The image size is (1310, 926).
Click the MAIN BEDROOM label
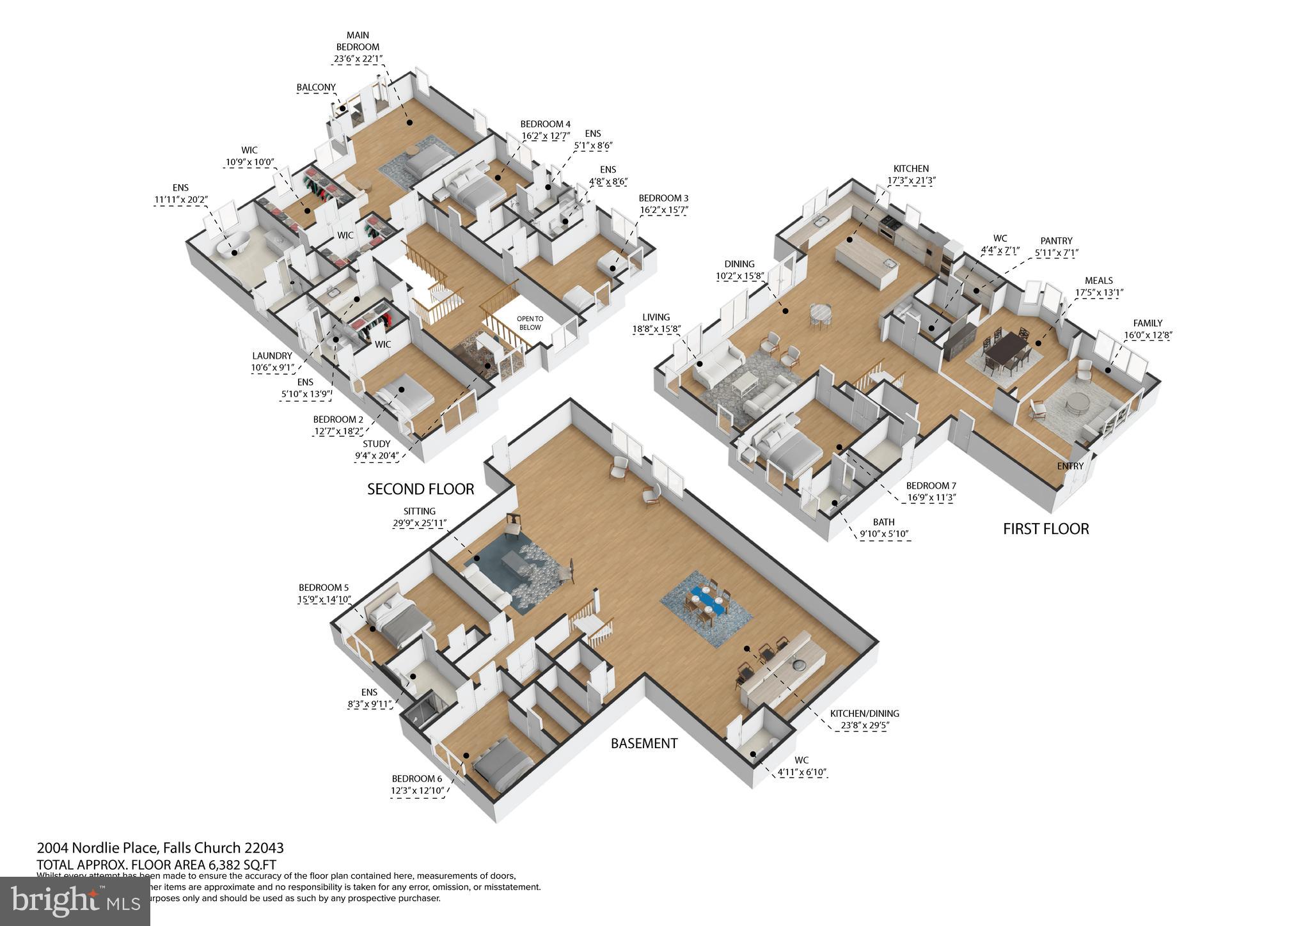tap(358, 41)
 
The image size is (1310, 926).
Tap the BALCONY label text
tap(316, 88)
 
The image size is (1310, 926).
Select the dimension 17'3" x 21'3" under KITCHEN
tap(911, 181)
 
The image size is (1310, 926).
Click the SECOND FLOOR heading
tap(420, 489)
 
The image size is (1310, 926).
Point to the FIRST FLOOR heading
tap(1045, 529)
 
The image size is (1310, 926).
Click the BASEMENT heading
tap(643, 743)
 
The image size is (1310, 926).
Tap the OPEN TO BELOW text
tap(530, 323)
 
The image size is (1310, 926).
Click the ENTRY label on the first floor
tap(1069, 466)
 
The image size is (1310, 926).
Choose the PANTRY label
tap(1056, 241)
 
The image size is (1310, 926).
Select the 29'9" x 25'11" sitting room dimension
tap(420, 523)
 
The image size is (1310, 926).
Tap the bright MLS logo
tap(75, 901)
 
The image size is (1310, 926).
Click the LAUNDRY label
tap(272, 356)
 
